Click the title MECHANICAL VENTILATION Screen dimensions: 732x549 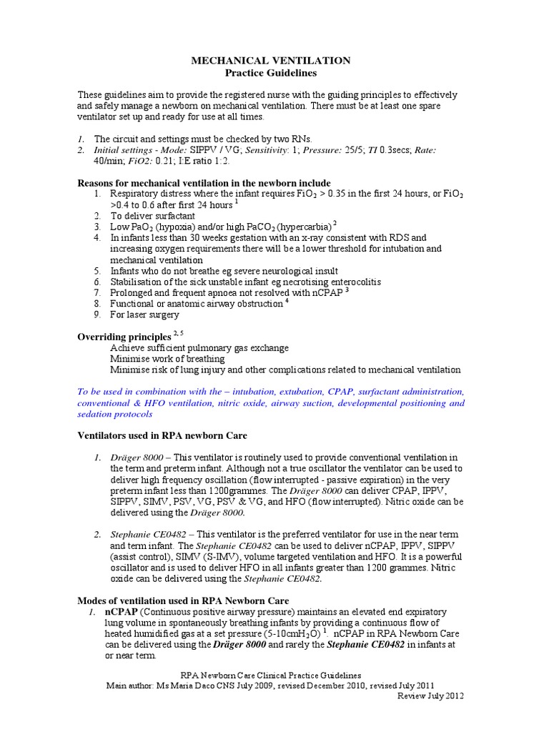(271, 61)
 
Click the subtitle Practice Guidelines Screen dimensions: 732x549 (271, 73)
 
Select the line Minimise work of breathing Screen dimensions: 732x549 (167, 358)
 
